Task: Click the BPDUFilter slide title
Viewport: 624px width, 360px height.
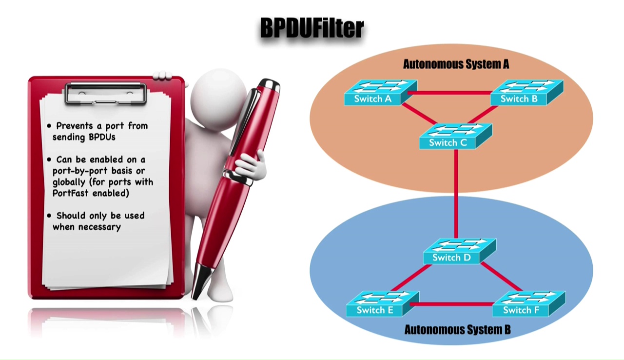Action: click(x=312, y=28)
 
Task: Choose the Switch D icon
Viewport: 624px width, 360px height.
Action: click(x=458, y=252)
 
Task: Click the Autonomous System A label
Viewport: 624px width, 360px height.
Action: click(x=456, y=64)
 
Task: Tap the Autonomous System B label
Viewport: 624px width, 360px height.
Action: click(x=457, y=330)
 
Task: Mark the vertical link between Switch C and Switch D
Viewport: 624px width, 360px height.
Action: click(x=456, y=195)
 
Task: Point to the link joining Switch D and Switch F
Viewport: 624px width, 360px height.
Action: click(x=502, y=277)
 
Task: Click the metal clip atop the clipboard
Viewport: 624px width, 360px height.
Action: click(x=105, y=93)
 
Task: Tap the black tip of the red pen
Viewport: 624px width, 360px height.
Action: click(x=197, y=288)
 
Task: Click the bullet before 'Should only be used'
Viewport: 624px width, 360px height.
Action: click(x=49, y=216)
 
